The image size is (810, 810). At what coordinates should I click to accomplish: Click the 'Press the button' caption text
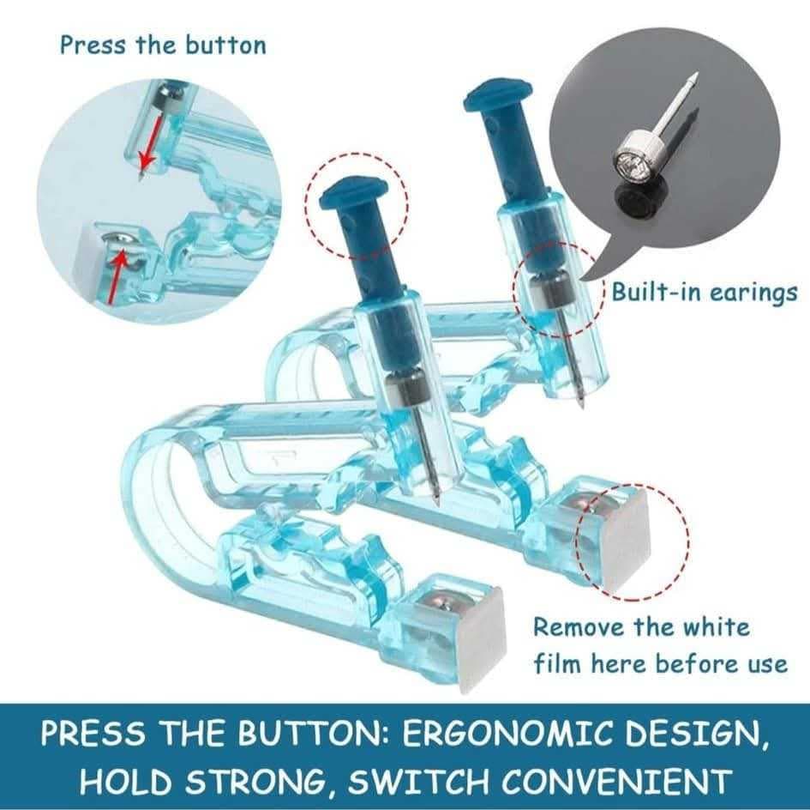pyautogui.click(x=163, y=45)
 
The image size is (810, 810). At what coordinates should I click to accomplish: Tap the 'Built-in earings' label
pyautogui.click(x=705, y=293)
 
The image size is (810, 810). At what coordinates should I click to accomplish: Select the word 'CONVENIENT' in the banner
pyautogui.click(x=617, y=781)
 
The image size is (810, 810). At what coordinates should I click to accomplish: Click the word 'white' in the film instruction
pyautogui.click(x=717, y=627)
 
